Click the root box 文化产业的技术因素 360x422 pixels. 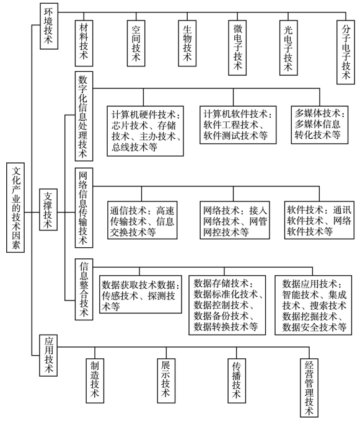15,208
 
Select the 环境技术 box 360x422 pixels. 49,26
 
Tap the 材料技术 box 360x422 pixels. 84,43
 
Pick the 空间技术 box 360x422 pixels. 136,43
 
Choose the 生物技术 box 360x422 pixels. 187,43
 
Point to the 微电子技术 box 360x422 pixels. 237,48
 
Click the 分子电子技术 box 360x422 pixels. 346,52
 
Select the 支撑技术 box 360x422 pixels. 48,209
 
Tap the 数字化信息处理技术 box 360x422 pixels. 84,116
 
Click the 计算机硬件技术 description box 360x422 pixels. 145,131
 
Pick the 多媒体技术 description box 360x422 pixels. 320,125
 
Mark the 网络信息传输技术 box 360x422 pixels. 84,208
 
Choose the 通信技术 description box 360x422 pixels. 143,220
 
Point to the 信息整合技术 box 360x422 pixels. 84,289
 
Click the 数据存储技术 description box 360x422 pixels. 227,305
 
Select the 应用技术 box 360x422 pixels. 48,356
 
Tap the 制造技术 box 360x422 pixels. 95,380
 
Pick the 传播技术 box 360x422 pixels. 237,380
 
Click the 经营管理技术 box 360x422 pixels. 309,388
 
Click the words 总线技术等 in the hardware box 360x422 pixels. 134,147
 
